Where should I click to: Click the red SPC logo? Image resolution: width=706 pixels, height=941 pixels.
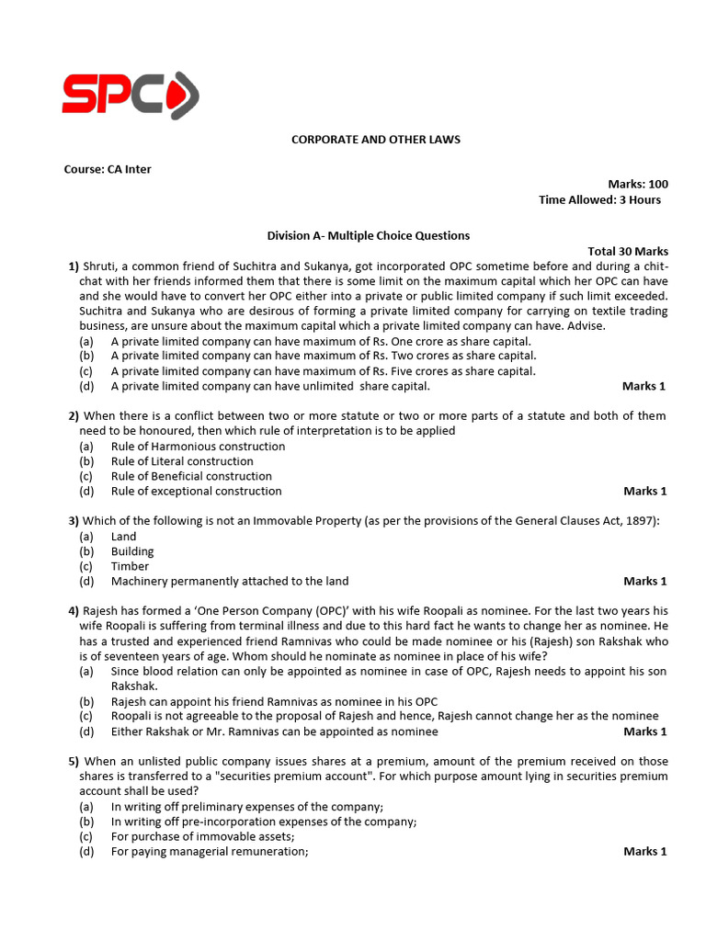pyautogui.click(x=131, y=95)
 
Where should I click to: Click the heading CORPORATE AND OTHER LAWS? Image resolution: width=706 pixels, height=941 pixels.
pyautogui.click(x=376, y=140)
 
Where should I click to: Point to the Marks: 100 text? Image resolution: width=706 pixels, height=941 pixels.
pyautogui.click(x=638, y=185)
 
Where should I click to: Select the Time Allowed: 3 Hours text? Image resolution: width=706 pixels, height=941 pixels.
pyautogui.click(x=599, y=199)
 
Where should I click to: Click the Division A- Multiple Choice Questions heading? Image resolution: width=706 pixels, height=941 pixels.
pyautogui.click(x=368, y=235)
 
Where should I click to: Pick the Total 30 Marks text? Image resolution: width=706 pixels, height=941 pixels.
pyautogui.click(x=628, y=251)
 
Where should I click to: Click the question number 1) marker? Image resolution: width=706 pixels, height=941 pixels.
pyautogui.click(x=74, y=266)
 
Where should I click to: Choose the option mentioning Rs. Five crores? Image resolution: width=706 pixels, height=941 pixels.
pyautogui.click(x=323, y=371)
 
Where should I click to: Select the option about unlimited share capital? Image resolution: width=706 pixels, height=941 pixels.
pyautogui.click(x=270, y=386)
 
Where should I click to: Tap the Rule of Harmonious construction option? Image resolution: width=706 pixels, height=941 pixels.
pyautogui.click(x=198, y=447)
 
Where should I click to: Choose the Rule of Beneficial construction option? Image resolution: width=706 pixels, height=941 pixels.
pyautogui.click(x=191, y=476)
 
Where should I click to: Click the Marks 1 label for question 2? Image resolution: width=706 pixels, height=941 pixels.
pyautogui.click(x=645, y=491)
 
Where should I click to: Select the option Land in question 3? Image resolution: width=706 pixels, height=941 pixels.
pyautogui.click(x=123, y=537)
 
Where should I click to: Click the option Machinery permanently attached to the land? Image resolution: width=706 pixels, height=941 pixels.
pyautogui.click(x=230, y=581)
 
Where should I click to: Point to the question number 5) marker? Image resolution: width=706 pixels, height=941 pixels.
pyautogui.click(x=74, y=762)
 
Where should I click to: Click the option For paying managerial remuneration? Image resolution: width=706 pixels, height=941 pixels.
pyautogui.click(x=210, y=851)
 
